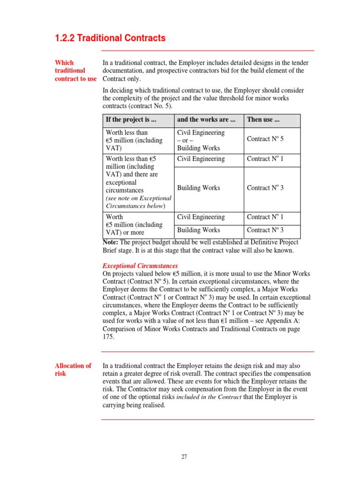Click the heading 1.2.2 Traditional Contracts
coord(110,38)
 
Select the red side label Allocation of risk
coord(73,369)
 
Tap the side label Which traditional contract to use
coord(75,70)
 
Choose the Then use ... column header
coord(263,120)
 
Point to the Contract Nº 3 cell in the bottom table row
coord(265,230)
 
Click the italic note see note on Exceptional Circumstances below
coord(138,202)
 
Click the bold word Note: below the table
coord(110,242)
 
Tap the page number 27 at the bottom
coord(184,457)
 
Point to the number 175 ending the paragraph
coord(108,337)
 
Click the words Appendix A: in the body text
coord(288,321)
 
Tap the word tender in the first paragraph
coord(300,63)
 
